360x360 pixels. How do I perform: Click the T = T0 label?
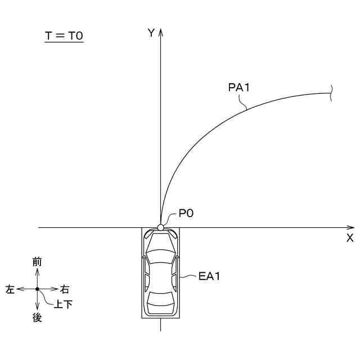pos(64,36)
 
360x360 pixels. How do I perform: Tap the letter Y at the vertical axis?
pos(151,33)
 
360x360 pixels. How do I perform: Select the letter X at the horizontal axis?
pos(350,238)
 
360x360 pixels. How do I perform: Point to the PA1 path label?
pos(238,88)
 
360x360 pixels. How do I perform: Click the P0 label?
pos(186,214)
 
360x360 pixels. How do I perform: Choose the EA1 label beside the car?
pos(209,276)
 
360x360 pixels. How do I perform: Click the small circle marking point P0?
pos(160,227)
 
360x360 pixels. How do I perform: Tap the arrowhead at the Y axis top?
pos(160,33)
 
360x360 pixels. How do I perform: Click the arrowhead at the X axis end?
pos(350,227)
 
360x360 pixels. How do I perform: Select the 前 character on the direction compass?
pos(37,262)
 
